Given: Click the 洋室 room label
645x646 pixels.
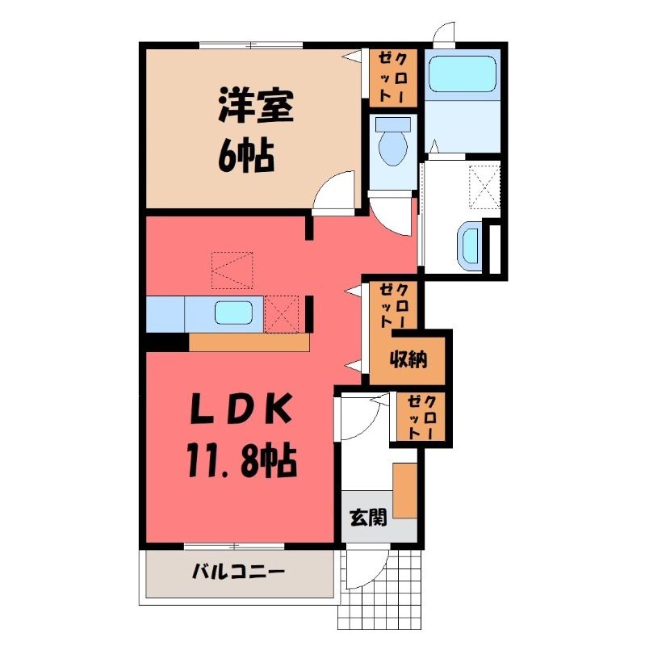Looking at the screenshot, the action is tap(255, 106).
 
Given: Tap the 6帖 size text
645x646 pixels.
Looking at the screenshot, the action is tap(246, 156).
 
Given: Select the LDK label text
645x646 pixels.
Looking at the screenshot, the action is tap(241, 409).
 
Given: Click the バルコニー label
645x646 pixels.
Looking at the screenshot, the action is tap(239, 572).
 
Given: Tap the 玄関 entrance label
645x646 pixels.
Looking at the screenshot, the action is tap(369, 518).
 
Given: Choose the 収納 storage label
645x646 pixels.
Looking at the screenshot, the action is tap(408, 359).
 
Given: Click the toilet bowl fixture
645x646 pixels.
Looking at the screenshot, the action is tap(393, 142).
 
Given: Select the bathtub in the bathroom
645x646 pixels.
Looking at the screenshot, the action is tap(462, 73).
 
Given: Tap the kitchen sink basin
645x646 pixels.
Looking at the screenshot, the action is tap(233, 313).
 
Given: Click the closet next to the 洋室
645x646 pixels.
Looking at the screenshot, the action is tap(393, 78).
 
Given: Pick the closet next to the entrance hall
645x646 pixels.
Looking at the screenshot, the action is tap(421, 417).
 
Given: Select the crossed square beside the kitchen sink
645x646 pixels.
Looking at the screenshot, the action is tap(282, 313).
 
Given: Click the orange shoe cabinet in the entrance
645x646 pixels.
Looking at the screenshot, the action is tap(405, 490).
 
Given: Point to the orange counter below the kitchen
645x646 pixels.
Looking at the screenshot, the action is tap(249, 342).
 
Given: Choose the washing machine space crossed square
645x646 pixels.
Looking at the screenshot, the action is tap(485, 187).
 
